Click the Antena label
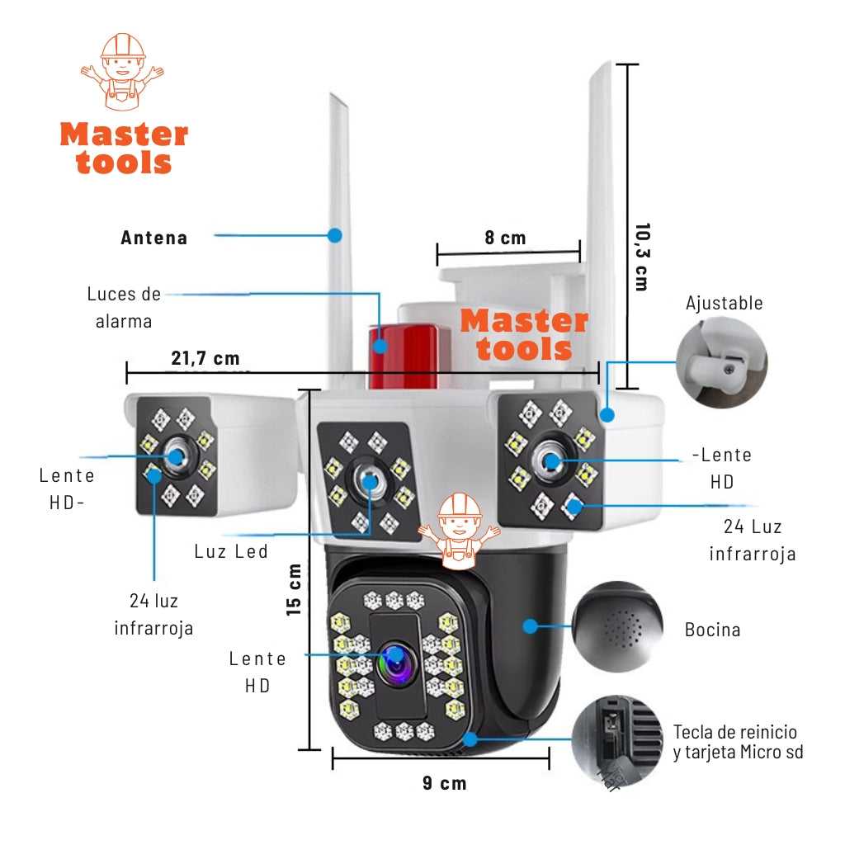click(154, 238)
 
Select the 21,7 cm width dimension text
click(205, 357)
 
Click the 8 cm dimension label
click(505, 238)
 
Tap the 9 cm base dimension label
click(444, 783)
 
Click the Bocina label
click(712, 630)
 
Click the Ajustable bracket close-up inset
click(721, 364)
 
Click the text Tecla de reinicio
click(734, 732)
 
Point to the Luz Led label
click(231, 551)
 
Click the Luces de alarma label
click(124, 307)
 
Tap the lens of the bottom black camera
click(394, 659)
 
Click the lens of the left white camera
click(177, 456)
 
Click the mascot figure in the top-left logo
click(122, 71)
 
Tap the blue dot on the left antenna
click(334, 235)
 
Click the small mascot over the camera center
click(459, 531)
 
